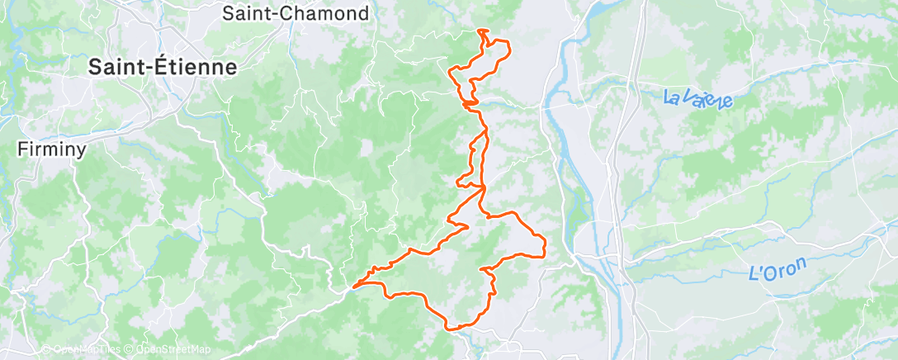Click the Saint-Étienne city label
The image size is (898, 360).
point(163,68)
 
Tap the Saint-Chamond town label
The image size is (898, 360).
point(295,13)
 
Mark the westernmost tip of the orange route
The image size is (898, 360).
point(352,287)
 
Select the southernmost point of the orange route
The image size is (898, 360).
point(451,329)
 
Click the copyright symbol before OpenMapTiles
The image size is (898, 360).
point(47,350)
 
